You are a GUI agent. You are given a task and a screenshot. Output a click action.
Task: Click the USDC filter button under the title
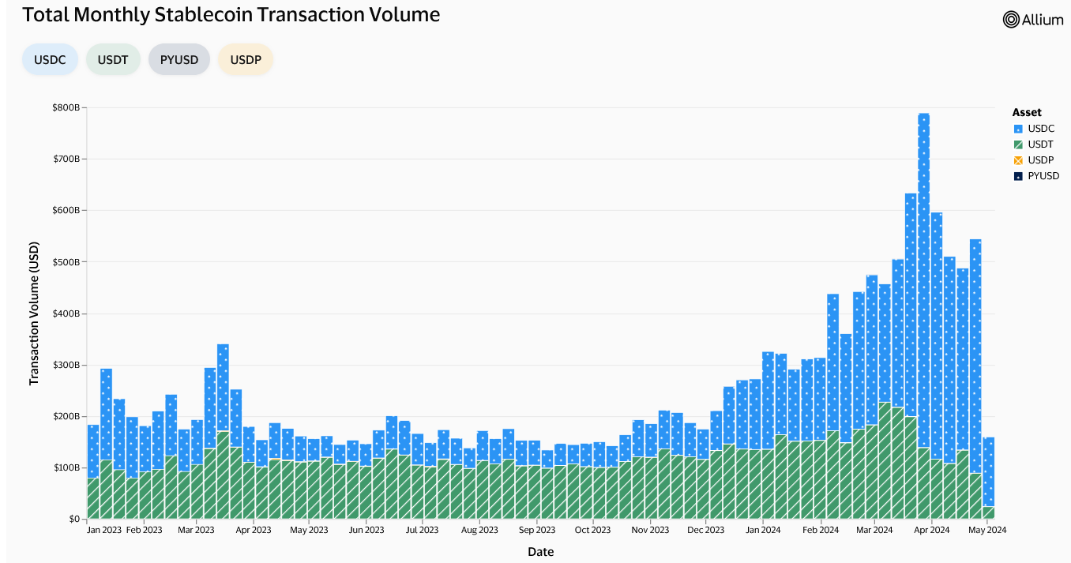tap(50, 59)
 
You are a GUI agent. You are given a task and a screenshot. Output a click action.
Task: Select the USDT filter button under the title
tap(113, 59)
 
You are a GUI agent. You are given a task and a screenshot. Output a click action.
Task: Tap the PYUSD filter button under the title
tap(178, 59)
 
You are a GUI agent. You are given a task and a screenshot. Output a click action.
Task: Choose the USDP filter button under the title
tap(246, 59)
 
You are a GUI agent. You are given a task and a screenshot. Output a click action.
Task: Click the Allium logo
tap(1033, 20)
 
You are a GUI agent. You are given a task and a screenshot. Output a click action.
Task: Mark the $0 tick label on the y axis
tap(73, 520)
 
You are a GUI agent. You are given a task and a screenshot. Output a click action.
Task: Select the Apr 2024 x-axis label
tap(932, 531)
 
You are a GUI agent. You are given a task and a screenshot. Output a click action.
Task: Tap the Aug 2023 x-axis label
tap(479, 531)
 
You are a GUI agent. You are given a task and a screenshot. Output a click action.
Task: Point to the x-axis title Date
tap(540, 552)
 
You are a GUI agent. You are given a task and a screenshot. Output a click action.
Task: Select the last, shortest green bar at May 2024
tap(988, 512)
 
